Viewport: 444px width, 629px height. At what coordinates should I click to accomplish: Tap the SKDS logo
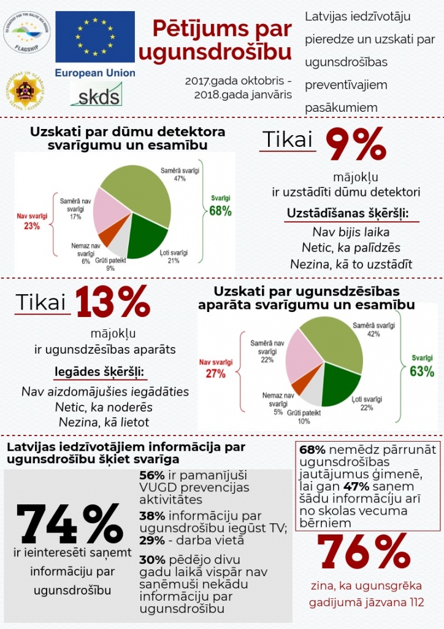[x=96, y=94]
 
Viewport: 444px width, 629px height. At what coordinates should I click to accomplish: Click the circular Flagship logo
[x=27, y=31]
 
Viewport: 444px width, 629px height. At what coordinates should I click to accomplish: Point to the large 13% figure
[x=113, y=301]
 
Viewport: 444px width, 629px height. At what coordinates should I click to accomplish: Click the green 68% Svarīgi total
[x=220, y=211]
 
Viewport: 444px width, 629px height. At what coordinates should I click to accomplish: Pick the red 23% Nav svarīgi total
[x=32, y=226]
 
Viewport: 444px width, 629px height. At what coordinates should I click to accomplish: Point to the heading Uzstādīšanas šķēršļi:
[x=347, y=214]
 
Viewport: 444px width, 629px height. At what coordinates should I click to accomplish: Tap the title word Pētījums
[x=196, y=29]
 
